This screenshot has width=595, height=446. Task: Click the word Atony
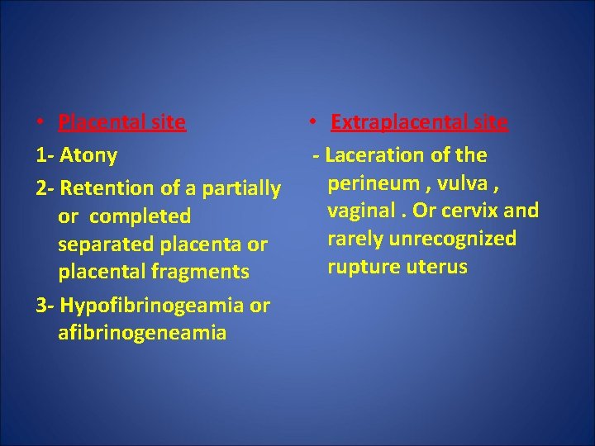click(x=88, y=155)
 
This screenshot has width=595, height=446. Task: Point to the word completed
click(x=140, y=216)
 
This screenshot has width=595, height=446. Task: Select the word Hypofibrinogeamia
click(x=151, y=306)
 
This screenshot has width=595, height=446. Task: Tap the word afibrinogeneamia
click(x=142, y=333)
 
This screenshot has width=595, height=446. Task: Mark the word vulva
click(x=467, y=183)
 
